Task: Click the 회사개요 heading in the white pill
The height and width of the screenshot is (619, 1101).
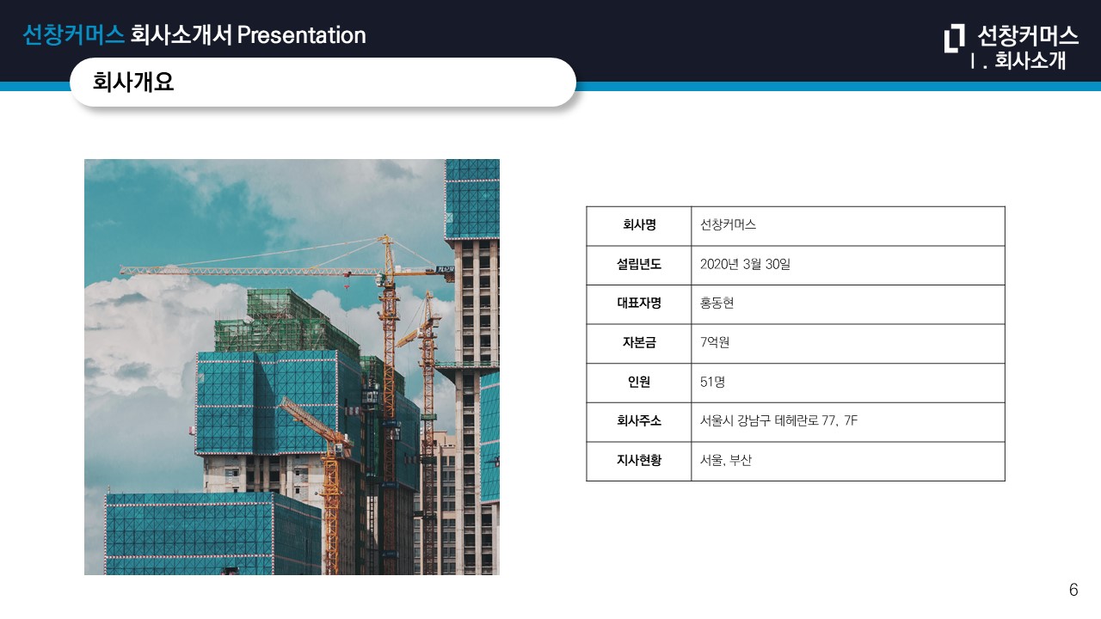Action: pos(133,82)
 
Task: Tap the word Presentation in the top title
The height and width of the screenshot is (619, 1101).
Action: pos(301,35)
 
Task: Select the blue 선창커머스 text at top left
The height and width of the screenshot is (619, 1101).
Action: pos(74,35)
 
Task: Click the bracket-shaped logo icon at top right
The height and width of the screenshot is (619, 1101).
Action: pos(954,38)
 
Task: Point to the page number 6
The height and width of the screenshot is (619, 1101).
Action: pos(1073,590)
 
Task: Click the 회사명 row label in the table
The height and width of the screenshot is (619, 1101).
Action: pos(639,225)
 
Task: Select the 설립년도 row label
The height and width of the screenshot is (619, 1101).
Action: pos(639,264)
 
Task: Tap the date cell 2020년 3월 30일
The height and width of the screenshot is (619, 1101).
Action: pos(745,264)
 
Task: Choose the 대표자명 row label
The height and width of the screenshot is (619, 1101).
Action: pos(639,303)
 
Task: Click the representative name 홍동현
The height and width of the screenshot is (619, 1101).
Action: pos(717,303)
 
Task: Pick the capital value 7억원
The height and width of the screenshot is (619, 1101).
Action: pos(715,342)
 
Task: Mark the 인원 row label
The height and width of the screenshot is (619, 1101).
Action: pos(639,382)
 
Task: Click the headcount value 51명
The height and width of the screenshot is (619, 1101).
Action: pos(712,382)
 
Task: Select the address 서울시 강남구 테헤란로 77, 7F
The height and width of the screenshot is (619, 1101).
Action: pos(778,420)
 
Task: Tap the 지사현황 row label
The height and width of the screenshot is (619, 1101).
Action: pos(639,460)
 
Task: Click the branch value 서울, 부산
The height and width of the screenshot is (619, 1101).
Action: pos(725,460)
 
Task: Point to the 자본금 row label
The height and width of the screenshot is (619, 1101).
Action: pos(639,342)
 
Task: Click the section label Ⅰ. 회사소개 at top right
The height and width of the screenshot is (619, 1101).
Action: pos(1018,61)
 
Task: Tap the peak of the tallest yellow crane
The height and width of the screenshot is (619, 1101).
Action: pos(386,236)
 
